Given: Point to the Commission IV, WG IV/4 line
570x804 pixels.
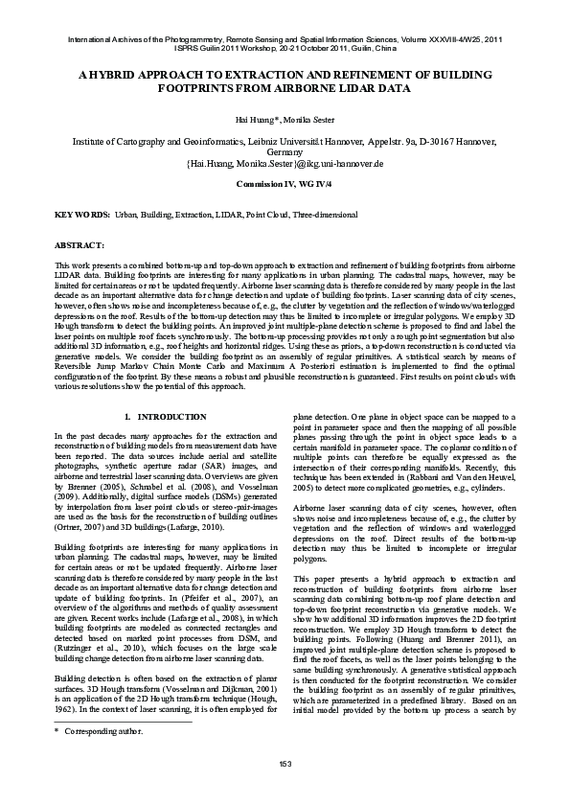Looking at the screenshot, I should tap(285, 181).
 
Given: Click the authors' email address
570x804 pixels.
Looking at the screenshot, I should tap(285, 163).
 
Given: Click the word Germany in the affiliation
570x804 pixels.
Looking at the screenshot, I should tap(285, 152).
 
